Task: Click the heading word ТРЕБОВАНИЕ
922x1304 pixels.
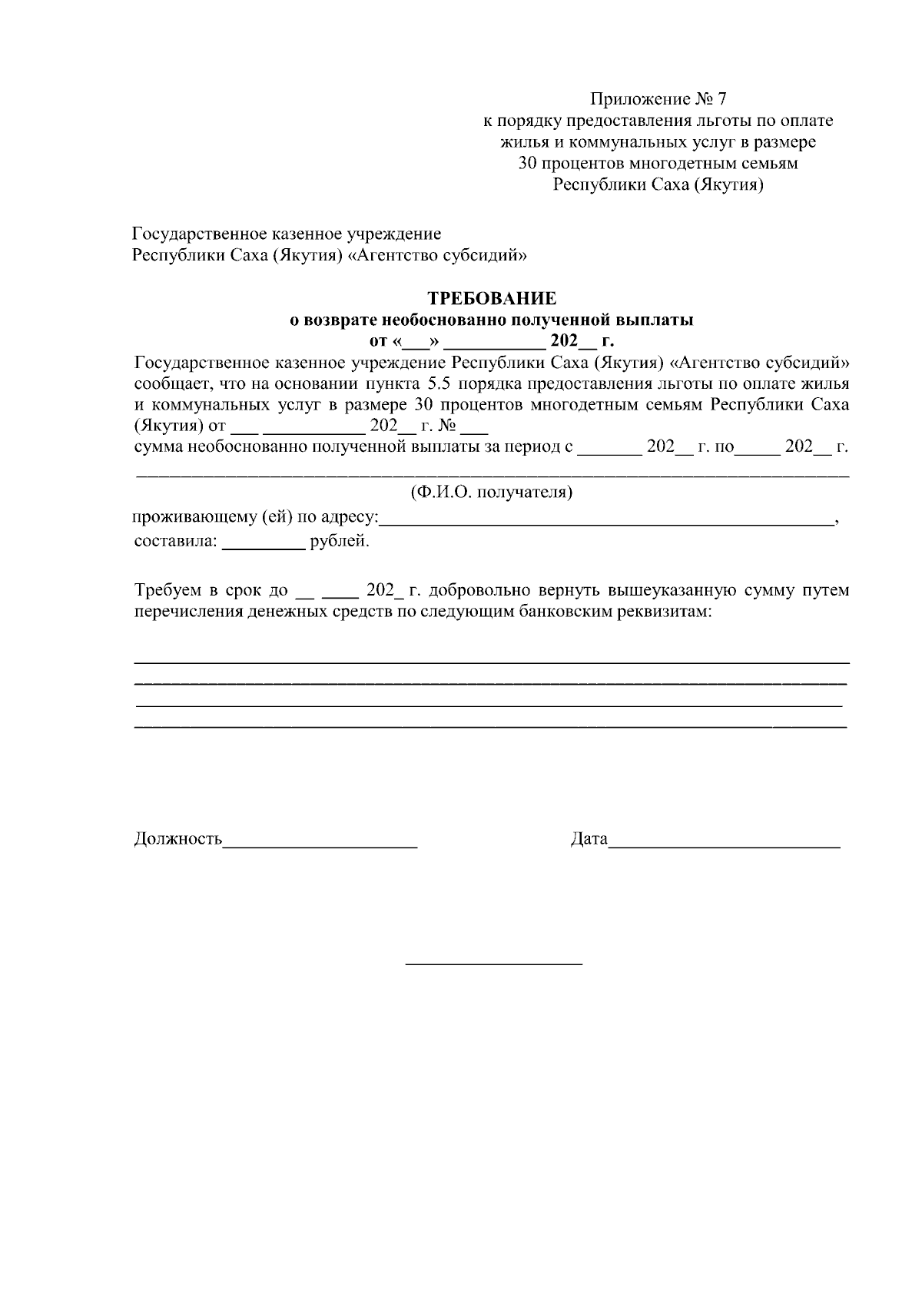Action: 492,298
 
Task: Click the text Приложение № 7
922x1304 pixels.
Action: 658,99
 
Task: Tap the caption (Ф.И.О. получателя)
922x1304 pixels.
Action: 492,493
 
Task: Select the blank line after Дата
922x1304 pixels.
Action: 724,846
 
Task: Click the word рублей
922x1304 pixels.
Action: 339,542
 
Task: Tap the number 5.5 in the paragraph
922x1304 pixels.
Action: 436,383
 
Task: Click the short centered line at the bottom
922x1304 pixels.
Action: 493,964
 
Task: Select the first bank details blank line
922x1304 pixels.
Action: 492,662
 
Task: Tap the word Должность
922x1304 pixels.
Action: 178,839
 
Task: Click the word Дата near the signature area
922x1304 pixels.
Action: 589,839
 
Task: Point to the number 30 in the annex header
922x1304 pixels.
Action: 528,164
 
